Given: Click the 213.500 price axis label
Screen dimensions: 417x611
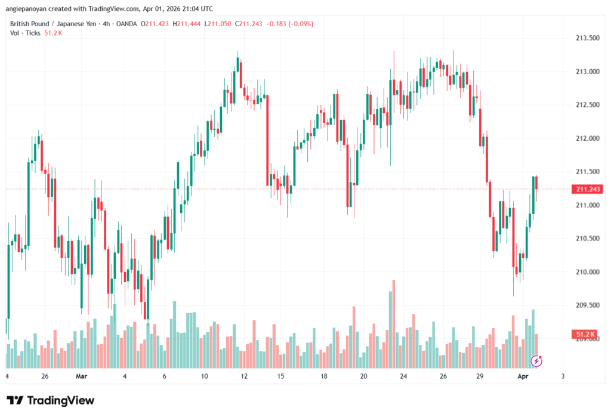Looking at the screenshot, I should [x=587, y=38].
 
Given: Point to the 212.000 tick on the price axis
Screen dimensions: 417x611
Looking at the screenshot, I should [x=587, y=138].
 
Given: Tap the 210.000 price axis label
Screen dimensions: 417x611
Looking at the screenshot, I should [x=587, y=272].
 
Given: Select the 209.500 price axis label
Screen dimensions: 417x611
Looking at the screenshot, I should [x=587, y=305].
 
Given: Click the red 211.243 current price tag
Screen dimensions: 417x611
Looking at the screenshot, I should [x=587, y=189].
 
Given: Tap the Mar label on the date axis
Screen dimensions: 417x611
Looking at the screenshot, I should [x=82, y=376].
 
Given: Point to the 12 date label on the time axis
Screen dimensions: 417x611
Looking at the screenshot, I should [x=244, y=376].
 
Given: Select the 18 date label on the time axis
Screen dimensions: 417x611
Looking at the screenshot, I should [x=323, y=376].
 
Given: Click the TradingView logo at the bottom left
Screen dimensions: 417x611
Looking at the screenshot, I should [x=51, y=400].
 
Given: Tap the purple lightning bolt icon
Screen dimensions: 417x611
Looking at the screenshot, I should [x=537, y=360].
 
